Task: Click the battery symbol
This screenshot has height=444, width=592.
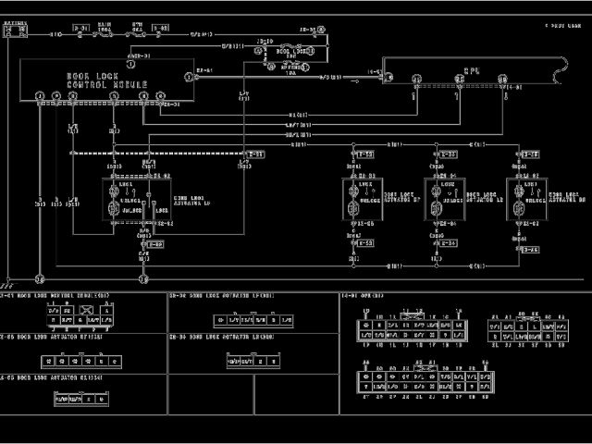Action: pyautogui.click(x=14, y=31)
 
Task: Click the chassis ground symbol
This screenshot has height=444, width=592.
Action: pyautogui.click(x=8, y=279)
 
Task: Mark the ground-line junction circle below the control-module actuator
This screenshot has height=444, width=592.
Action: pyautogui.click(x=143, y=277)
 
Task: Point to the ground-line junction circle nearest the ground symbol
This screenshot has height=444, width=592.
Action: pyautogui.click(x=40, y=277)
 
